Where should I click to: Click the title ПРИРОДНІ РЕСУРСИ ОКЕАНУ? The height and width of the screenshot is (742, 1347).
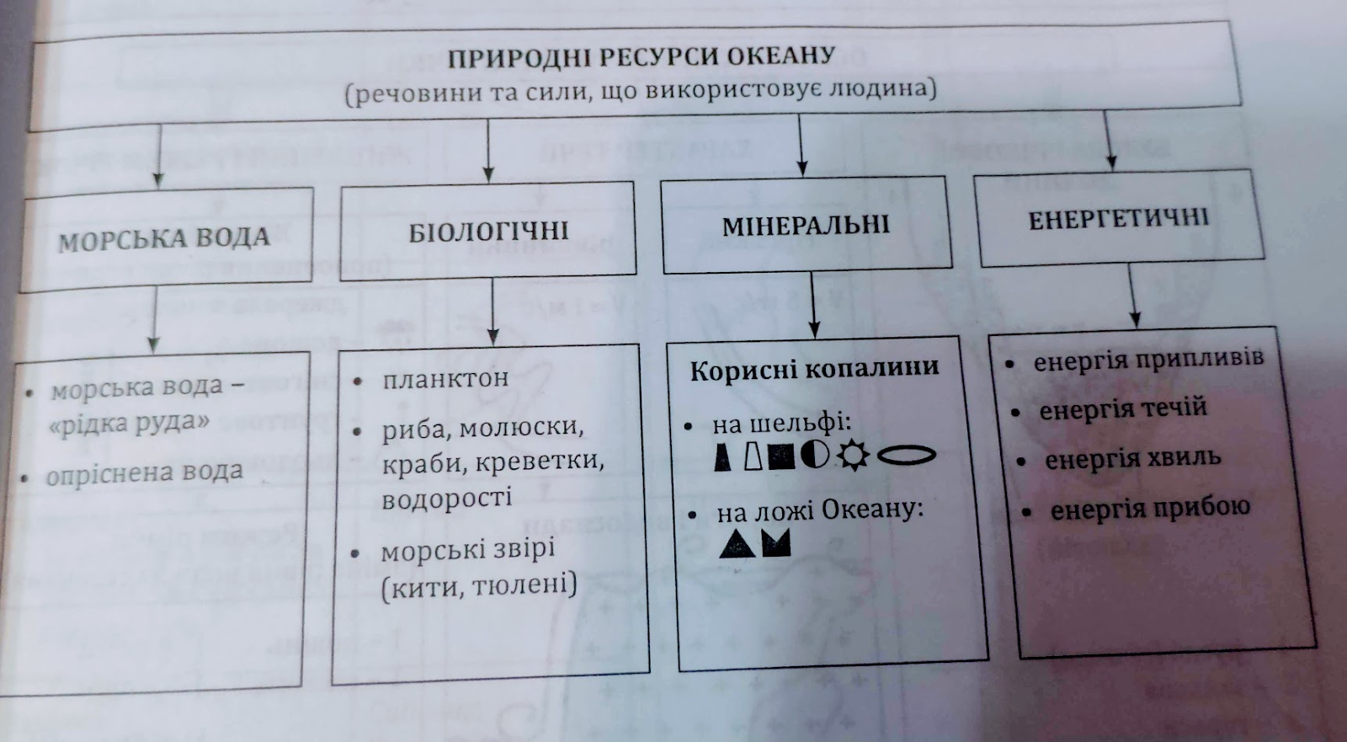[x=641, y=56]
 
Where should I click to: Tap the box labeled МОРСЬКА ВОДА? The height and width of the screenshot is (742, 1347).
[x=164, y=239]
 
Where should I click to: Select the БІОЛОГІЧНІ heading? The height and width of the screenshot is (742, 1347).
[x=488, y=231]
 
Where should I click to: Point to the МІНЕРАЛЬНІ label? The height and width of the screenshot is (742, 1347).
[x=806, y=225]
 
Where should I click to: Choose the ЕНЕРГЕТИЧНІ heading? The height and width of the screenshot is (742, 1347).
[x=1118, y=219]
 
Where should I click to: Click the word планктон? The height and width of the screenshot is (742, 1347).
[x=445, y=379]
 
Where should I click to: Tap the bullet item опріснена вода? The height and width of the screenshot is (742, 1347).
[x=144, y=473]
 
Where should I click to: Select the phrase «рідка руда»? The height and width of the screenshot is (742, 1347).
[x=129, y=423]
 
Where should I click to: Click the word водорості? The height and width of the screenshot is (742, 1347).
[x=446, y=499]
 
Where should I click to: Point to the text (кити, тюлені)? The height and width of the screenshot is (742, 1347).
[x=479, y=585]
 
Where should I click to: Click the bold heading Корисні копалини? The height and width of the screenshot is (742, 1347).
[x=813, y=369]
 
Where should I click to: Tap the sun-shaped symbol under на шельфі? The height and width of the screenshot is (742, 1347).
[x=852, y=456]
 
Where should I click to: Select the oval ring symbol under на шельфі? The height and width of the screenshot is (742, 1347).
[x=906, y=455]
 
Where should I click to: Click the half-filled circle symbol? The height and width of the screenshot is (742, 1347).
[x=814, y=456]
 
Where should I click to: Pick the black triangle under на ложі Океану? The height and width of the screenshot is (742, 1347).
[x=737, y=544]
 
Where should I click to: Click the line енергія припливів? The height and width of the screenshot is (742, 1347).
[x=1148, y=360]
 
